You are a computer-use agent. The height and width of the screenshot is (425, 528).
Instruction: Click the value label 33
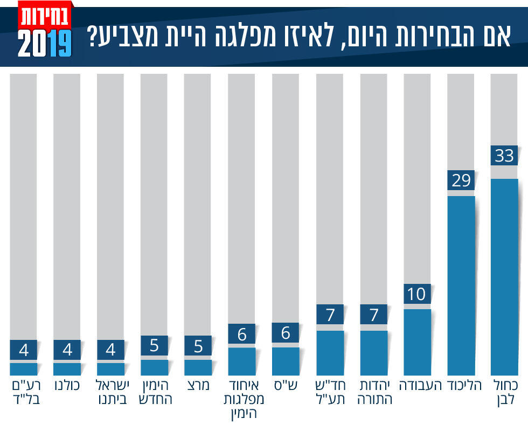pyautogui.click(x=504, y=157)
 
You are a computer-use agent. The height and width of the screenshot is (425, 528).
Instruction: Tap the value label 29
pyautogui.click(x=461, y=180)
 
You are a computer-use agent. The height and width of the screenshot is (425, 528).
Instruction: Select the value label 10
pyautogui.click(x=417, y=294)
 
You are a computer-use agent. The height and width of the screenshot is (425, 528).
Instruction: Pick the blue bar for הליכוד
pyautogui.click(x=461, y=285)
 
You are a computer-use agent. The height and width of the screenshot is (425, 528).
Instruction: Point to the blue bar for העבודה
pyautogui.click(x=417, y=342)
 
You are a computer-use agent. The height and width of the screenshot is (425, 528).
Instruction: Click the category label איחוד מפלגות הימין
pyautogui.click(x=242, y=399)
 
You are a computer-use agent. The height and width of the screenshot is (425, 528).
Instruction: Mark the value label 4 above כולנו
pyautogui.click(x=67, y=350)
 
